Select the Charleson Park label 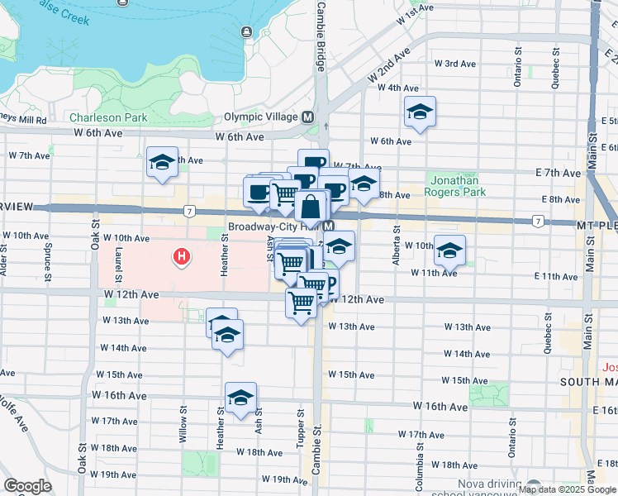[x=108, y=118]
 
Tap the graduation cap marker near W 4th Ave [x=420, y=112]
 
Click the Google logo [x=27, y=485]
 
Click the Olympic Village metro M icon [x=307, y=117]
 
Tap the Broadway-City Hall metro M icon [x=329, y=227]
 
